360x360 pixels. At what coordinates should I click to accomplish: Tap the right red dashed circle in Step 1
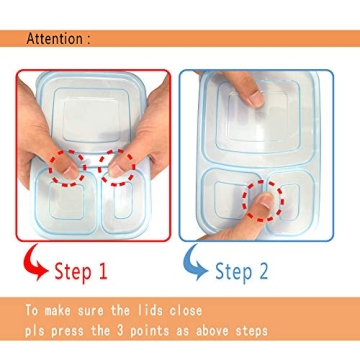pos(120,167)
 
